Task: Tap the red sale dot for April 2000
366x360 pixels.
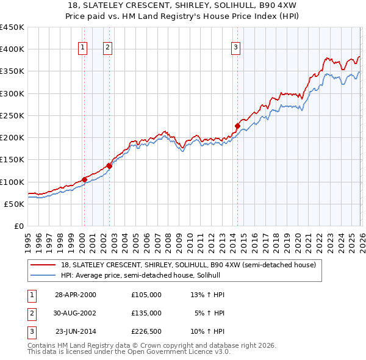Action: (84, 179)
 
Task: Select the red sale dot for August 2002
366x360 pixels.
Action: (109, 165)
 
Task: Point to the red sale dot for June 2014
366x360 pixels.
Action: (237, 126)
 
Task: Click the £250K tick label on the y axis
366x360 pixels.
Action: (12, 115)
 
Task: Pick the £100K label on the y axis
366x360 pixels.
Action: (12, 182)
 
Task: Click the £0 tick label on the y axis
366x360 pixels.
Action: (18, 226)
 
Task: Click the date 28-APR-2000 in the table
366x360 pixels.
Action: (76, 295)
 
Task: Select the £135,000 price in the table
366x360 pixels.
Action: (146, 313)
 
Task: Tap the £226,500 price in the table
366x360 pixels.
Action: (146, 331)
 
